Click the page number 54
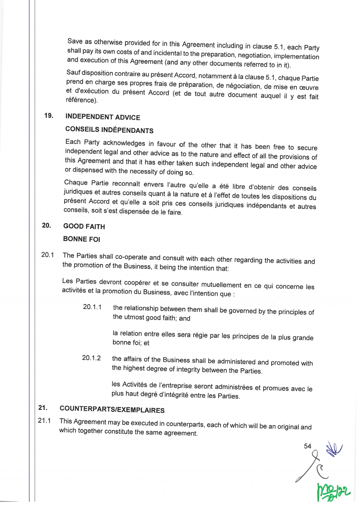coord(307,446)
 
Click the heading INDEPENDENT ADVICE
coord(103,117)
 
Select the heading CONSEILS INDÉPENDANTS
coord(109,130)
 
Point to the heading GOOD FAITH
coord(84,226)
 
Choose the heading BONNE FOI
coord(81,239)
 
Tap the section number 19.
coord(49,115)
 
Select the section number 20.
coord(46,225)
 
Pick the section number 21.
coord(43,408)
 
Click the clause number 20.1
coord(47,255)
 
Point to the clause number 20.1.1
coord(92,307)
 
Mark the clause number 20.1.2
coord(91,358)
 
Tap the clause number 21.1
coord(44,420)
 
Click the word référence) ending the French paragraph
coord(82,100)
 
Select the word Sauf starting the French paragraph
coord(73,72)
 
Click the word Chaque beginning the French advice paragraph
coord(76,182)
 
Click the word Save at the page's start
coord(75,41)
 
